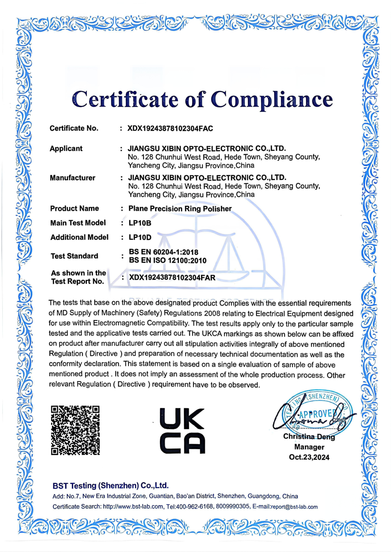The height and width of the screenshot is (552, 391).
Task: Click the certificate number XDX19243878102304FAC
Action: (x=170, y=129)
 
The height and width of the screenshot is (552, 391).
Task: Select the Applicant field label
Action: (x=66, y=148)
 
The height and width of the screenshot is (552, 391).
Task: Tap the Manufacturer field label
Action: (x=72, y=178)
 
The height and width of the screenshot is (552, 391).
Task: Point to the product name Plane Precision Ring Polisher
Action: (x=180, y=209)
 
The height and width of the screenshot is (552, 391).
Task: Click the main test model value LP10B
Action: (x=140, y=223)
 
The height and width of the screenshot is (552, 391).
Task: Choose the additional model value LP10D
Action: (x=140, y=238)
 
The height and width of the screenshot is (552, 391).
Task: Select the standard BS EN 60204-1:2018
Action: (x=163, y=252)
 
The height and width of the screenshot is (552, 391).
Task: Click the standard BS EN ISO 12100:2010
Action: (x=168, y=261)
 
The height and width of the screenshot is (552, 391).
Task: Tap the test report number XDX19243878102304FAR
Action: (x=172, y=278)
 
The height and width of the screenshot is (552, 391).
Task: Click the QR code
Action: (x=75, y=430)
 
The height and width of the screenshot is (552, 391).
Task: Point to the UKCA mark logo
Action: (x=182, y=431)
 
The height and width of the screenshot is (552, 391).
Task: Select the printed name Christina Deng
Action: (x=309, y=437)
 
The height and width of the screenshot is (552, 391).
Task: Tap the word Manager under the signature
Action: (x=309, y=447)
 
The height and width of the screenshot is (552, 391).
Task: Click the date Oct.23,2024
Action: (x=309, y=457)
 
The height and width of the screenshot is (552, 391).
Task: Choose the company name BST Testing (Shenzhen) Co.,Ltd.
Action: (x=111, y=486)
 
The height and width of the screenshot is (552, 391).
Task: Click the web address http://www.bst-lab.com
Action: (x=133, y=507)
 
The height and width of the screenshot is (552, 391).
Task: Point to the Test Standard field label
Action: (x=74, y=256)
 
